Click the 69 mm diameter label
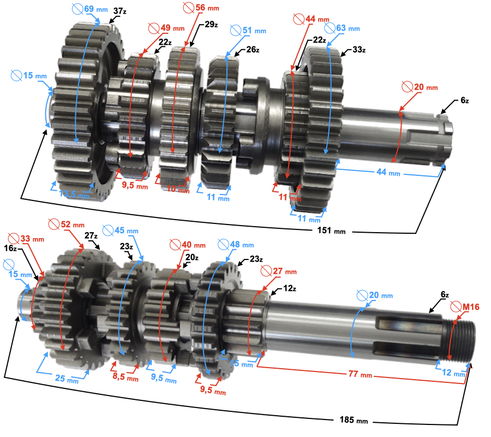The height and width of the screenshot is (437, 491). point(89,9)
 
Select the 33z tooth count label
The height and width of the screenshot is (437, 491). point(358,50)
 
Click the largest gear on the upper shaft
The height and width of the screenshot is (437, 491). point(82,109)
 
